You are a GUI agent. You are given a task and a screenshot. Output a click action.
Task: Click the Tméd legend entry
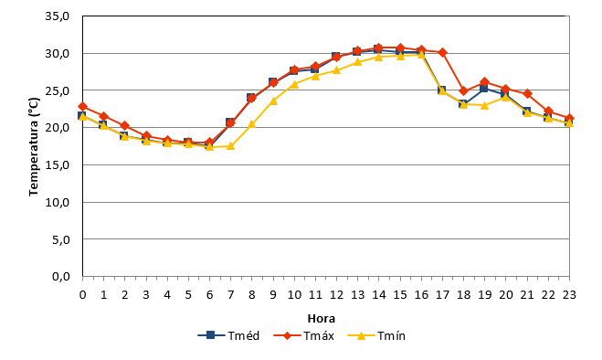pyautogui.click(x=228, y=335)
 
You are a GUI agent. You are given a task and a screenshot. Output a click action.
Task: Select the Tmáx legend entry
pyautogui.click(x=303, y=335)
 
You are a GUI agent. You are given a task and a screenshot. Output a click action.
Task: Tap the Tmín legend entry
pyautogui.click(x=376, y=335)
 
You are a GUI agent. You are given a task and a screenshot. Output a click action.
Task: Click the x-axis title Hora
pyautogui.click(x=322, y=319)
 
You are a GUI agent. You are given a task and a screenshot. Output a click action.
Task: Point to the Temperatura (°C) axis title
pyautogui.click(x=34, y=146)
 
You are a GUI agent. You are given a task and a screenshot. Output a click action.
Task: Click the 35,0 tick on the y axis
pyautogui.click(x=58, y=16)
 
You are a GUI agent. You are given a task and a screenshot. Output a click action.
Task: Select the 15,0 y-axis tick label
pyautogui.click(x=58, y=164)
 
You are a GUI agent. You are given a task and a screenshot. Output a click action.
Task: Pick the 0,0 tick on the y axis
pyautogui.click(x=61, y=276)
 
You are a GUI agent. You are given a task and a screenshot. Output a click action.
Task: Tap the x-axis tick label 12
pyautogui.click(x=336, y=295)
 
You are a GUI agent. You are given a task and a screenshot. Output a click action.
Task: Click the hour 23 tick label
pyautogui.click(x=569, y=295)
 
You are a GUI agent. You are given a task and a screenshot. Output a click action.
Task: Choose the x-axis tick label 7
pyautogui.click(x=230, y=295)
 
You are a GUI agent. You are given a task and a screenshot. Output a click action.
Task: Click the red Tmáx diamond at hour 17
pyautogui.click(x=442, y=52)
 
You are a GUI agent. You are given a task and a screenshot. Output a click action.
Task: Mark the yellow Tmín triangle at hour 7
pyautogui.click(x=230, y=145)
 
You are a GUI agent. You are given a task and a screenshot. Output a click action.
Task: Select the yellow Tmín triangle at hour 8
pyautogui.click(x=252, y=123)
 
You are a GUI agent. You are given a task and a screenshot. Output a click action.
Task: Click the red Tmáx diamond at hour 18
pyautogui.click(x=463, y=91)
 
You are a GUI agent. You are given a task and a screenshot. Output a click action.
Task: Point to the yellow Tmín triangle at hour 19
pyautogui.click(x=484, y=105)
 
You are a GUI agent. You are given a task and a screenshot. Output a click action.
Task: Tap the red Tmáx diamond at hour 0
pyautogui.click(x=82, y=106)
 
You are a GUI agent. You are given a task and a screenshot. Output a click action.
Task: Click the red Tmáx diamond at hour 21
pyautogui.click(x=527, y=94)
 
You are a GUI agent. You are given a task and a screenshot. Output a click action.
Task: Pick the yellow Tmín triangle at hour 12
pyautogui.click(x=336, y=70)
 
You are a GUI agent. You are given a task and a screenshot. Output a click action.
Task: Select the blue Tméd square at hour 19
pyautogui.click(x=484, y=89)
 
